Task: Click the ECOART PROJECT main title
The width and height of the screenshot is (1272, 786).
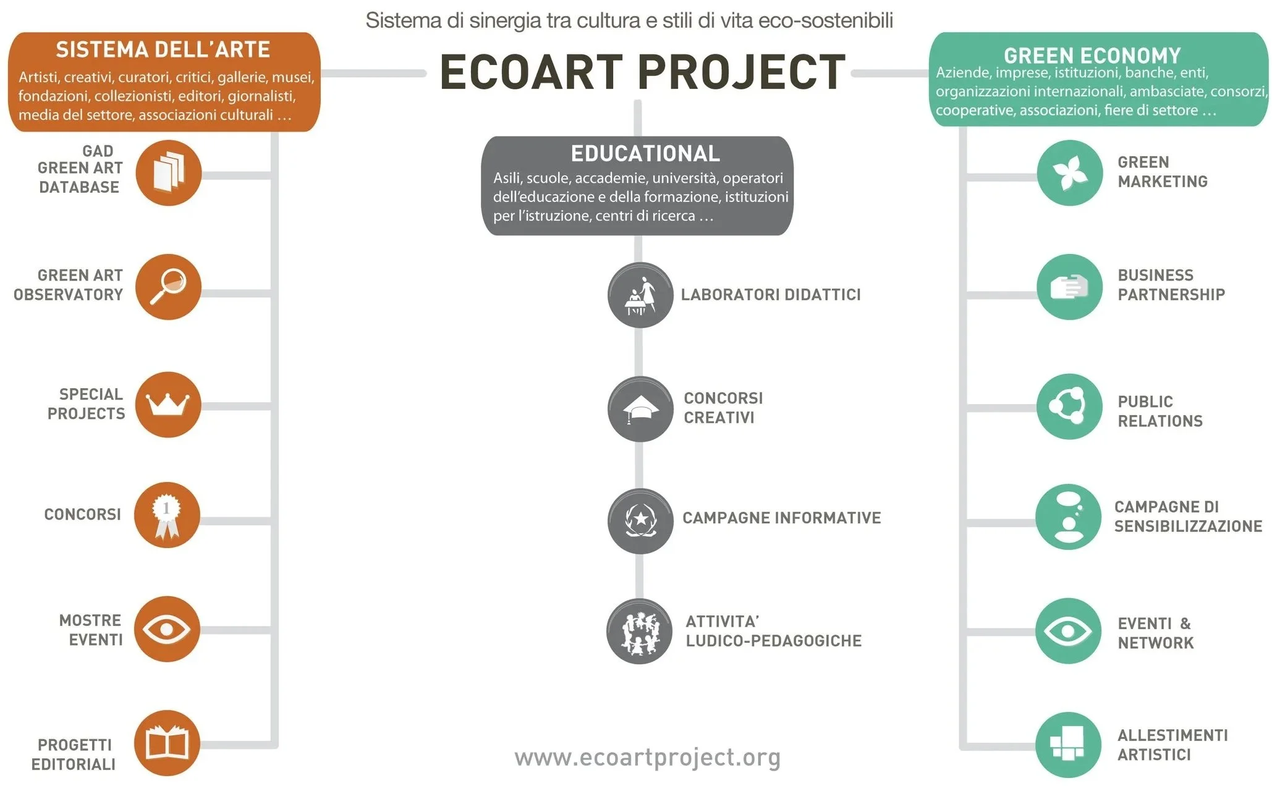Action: pyautogui.click(x=642, y=72)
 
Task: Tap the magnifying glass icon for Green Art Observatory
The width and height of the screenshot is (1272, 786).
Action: pyautogui.click(x=168, y=287)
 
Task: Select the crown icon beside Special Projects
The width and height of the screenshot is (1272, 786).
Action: pyautogui.click(x=167, y=405)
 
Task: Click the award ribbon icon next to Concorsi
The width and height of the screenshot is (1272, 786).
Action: pyautogui.click(x=167, y=515)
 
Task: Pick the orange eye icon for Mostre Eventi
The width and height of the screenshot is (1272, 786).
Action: pyautogui.click(x=167, y=629)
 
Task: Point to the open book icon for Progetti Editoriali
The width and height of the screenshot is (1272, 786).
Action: pyautogui.click(x=167, y=743)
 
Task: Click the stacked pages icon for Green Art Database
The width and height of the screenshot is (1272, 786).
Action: pyautogui.click(x=168, y=173)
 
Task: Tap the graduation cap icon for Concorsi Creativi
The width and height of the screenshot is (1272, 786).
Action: pyautogui.click(x=640, y=409)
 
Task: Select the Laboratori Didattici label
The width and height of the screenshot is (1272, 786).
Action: pyautogui.click(x=770, y=295)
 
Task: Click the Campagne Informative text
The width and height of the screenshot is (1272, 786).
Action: pyautogui.click(x=781, y=518)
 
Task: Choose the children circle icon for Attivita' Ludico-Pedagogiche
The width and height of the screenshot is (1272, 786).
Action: pyautogui.click(x=639, y=632)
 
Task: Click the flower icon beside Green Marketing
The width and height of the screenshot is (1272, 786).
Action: pyautogui.click(x=1069, y=172)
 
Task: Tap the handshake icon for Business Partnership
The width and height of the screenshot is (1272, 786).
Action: pyautogui.click(x=1069, y=287)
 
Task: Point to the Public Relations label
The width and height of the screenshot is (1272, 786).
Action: pyautogui.click(x=1160, y=411)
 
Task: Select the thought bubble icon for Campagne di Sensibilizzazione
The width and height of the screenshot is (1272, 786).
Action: pyautogui.click(x=1068, y=517)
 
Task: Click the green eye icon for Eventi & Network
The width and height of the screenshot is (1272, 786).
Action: pyautogui.click(x=1068, y=631)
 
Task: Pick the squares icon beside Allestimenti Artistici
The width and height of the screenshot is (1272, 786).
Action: pyautogui.click(x=1068, y=745)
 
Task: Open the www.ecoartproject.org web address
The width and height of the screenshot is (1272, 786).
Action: pyautogui.click(x=647, y=757)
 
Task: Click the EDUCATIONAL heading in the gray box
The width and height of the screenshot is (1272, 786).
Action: pyautogui.click(x=645, y=153)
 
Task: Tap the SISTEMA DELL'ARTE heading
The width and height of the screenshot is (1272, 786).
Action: pyautogui.click(x=163, y=49)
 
